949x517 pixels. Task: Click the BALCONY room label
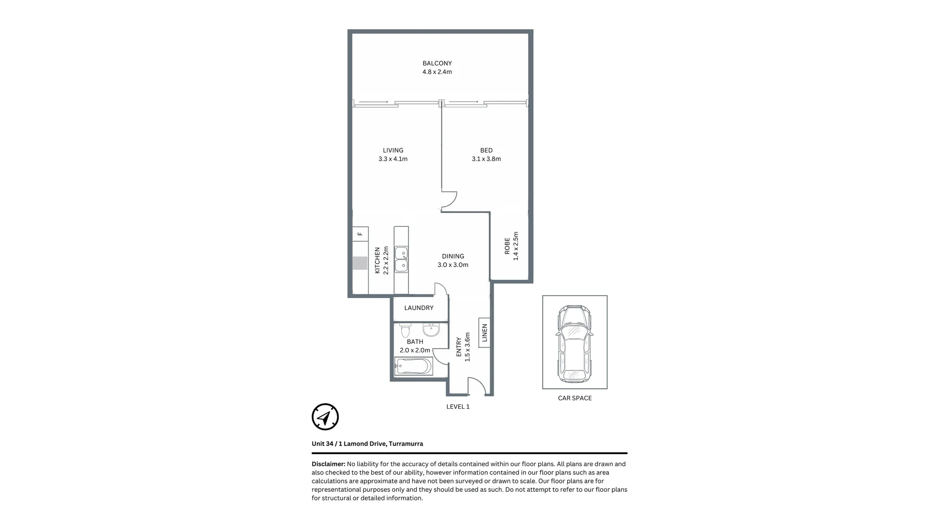point(437,63)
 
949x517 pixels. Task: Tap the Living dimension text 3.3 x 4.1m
point(393,159)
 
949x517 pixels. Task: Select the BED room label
point(486,150)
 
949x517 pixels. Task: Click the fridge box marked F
point(360,234)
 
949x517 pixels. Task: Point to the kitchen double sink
point(401,260)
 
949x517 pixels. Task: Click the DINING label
point(453,256)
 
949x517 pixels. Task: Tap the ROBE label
point(507,246)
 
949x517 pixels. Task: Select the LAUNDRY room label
point(419,308)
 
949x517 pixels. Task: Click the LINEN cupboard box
point(484,333)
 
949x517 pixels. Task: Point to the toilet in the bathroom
point(405,330)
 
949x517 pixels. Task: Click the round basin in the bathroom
point(431,329)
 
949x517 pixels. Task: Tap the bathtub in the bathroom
point(413,367)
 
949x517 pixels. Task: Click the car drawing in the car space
point(574,344)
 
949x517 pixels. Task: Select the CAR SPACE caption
point(574,398)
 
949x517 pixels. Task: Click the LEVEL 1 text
point(458,407)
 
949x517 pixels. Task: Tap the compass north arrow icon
point(325,417)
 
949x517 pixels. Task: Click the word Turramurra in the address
point(406,444)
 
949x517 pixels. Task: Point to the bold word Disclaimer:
point(328,464)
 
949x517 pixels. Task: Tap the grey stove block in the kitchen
point(360,263)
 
